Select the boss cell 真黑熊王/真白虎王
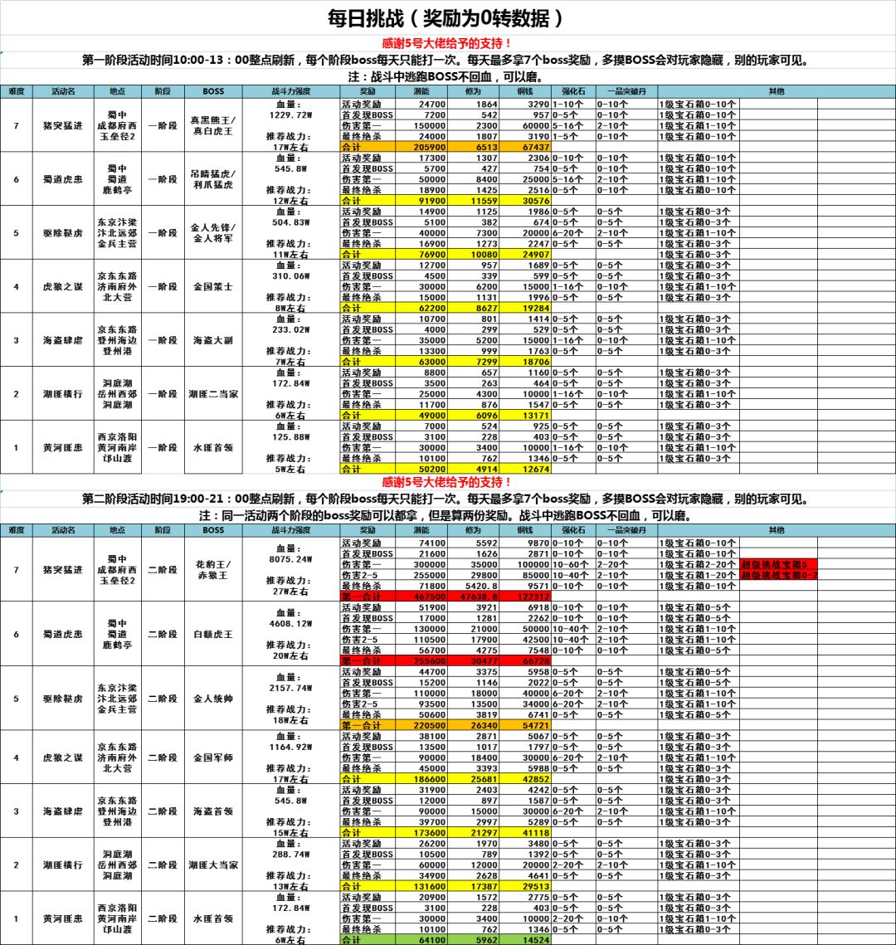click(x=213, y=125)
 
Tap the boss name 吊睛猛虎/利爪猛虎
click(x=213, y=178)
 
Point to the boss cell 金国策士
click(x=213, y=286)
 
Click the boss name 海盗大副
click(x=213, y=340)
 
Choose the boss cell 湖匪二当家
click(x=213, y=394)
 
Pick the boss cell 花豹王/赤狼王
click(x=213, y=570)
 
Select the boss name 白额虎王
click(x=213, y=634)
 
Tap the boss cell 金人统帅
click(x=213, y=699)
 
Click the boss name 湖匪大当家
click(x=213, y=865)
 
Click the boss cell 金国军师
click(x=213, y=757)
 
